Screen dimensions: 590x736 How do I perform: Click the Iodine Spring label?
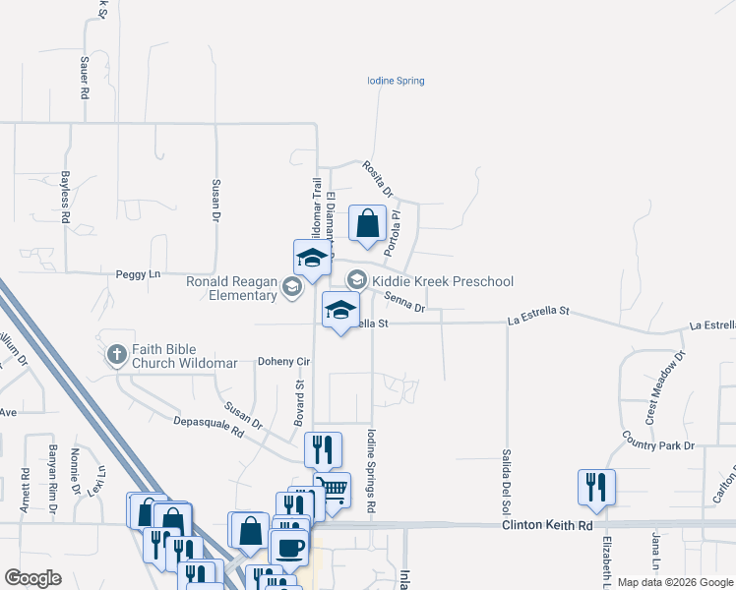(x=396, y=81)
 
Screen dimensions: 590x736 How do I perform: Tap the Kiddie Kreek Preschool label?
(x=442, y=282)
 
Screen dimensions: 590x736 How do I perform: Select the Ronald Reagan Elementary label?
(x=232, y=288)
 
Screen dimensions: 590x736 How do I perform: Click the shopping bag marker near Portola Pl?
(x=367, y=223)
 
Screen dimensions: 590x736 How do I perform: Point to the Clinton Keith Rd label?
(x=547, y=526)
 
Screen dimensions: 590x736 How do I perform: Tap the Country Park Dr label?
(x=658, y=446)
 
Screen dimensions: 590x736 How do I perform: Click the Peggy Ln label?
(x=138, y=274)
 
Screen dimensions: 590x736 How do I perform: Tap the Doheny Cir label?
(x=283, y=362)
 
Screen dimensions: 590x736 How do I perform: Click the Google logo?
(x=33, y=578)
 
